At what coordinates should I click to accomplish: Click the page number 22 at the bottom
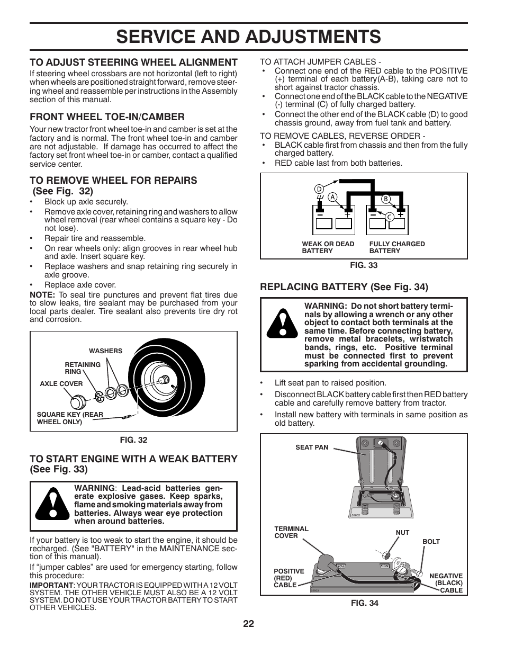point(249,624)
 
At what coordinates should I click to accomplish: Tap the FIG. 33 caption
point(364,265)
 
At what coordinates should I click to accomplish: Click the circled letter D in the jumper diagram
point(319,189)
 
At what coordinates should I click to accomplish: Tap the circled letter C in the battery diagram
point(388,217)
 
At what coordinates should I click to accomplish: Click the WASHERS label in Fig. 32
point(105,351)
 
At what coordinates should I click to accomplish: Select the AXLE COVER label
point(61,384)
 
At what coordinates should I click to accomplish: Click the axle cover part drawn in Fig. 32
point(79,399)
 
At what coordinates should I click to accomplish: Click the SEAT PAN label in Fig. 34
point(312,447)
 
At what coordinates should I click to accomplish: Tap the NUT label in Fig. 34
point(402,533)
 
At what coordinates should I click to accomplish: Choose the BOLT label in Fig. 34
point(431,542)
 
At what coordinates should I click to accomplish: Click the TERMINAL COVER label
point(291,532)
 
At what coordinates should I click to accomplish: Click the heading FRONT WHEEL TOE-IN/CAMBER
point(107,117)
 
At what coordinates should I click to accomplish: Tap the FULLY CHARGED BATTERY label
point(396,247)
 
